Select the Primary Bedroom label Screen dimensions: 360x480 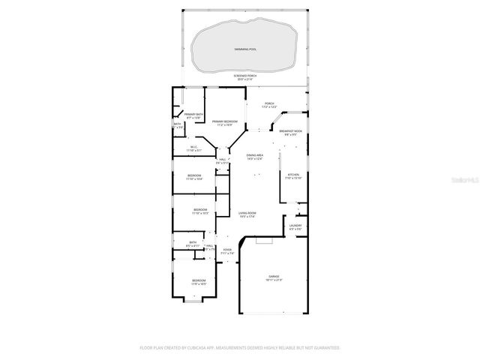coord(225,121)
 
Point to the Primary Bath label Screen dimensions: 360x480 coord(193,115)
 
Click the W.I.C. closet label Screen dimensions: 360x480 coord(193,147)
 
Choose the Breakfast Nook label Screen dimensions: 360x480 coord(291,131)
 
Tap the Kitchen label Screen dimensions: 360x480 coord(292,174)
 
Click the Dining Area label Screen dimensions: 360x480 coord(254,155)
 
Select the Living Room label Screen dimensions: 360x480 coord(247,214)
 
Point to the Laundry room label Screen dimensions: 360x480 coord(295,225)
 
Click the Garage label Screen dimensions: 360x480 coord(274,277)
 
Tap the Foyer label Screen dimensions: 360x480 coord(226,250)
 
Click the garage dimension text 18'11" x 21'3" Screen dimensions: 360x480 coord(274,280)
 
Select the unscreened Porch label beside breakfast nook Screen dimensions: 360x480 coord(269,103)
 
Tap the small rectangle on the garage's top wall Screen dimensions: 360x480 coord(262,241)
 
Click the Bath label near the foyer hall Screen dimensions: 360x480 coord(193,242)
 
